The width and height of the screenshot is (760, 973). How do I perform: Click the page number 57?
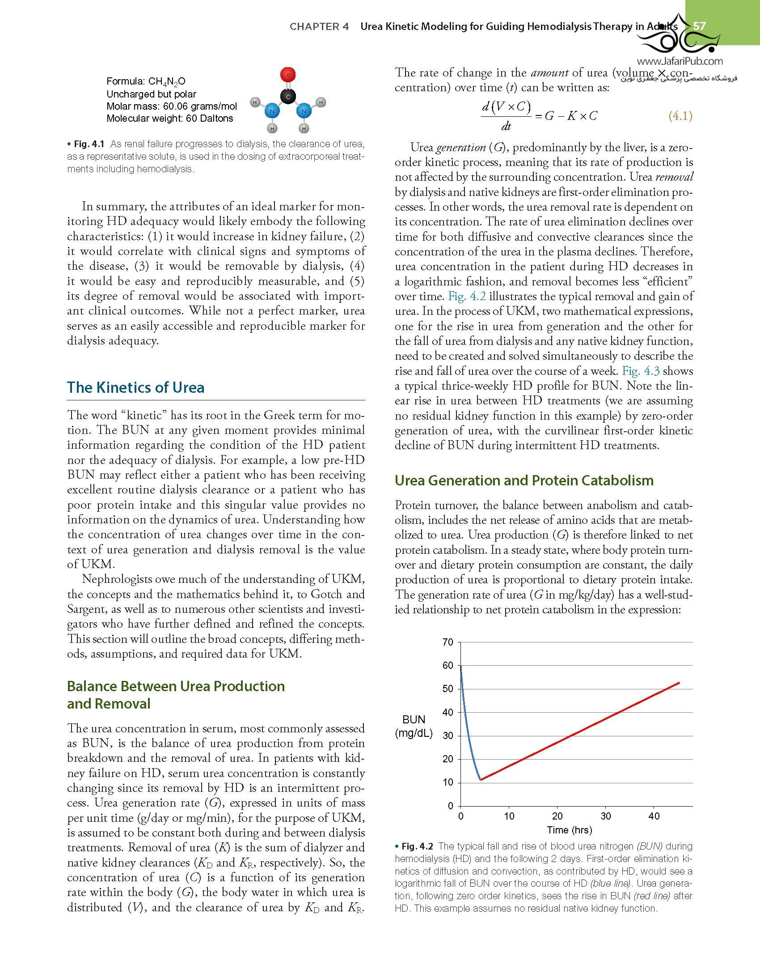(699, 26)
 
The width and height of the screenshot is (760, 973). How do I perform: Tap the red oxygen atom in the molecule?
(288, 74)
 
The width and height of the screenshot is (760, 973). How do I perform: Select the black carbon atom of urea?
(288, 97)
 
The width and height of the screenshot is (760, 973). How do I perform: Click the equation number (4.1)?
(680, 116)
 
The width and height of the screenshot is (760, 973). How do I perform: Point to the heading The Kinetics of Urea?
(135, 387)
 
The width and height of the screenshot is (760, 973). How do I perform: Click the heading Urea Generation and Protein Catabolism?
(524, 480)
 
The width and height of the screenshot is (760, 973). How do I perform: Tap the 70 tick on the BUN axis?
(448, 642)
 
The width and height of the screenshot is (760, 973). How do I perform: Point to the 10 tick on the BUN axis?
(448, 782)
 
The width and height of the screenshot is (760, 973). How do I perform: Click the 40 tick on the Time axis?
(654, 816)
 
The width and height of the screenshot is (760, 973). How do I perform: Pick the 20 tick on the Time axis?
(557, 816)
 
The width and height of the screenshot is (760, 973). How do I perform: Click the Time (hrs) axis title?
(570, 830)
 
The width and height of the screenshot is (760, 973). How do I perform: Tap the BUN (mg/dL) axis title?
(414, 726)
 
